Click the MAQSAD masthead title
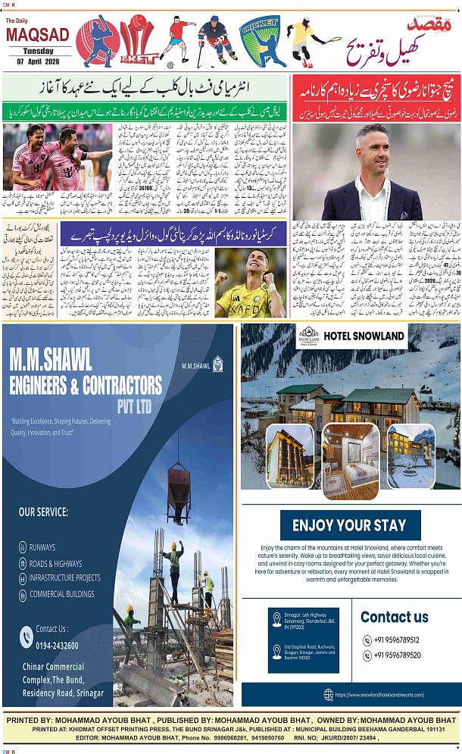tap(38, 35)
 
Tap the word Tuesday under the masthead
tap(38, 51)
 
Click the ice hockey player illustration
tap(216, 42)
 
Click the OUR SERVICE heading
tap(44, 512)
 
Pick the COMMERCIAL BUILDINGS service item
tap(62, 593)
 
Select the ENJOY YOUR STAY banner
tap(349, 525)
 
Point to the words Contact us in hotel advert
tap(394, 617)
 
